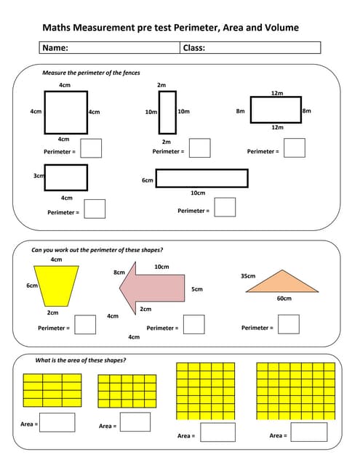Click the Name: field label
[55, 48]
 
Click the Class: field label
[193, 48]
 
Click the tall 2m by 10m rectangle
[167, 112]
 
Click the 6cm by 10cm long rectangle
[201, 178]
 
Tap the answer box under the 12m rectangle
[294, 147]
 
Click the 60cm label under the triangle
[284, 299]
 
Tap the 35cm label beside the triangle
[247, 276]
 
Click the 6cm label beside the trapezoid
[32, 286]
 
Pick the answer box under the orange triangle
[288, 324]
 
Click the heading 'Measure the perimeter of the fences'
[91, 73]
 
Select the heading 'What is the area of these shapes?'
[81, 360]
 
